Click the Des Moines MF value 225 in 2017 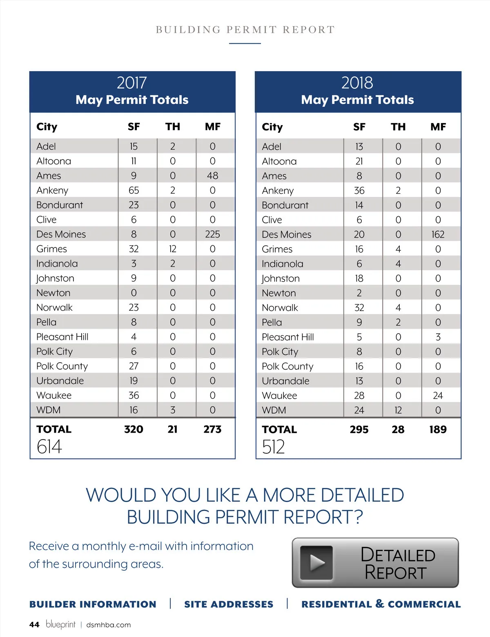212,234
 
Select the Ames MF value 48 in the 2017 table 212,176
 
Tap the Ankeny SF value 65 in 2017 134,191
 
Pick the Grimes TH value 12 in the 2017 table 173,249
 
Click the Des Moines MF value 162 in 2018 438,235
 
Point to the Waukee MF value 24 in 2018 438,396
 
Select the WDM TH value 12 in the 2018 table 398,410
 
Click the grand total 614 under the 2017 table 49,446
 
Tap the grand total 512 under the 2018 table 274,447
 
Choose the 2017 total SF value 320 134,429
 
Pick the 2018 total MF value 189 438,430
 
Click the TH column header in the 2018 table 398,127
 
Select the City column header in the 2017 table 47,127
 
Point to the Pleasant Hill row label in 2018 288,337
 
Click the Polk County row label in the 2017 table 62,366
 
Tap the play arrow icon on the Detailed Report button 316,563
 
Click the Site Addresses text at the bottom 229,604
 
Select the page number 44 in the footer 34,625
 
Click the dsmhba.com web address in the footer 109,625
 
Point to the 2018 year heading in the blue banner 357,83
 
